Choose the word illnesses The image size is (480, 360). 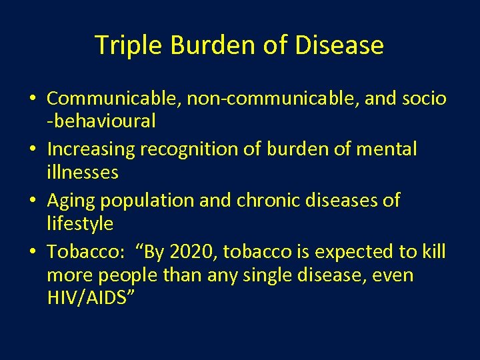tap(83, 173)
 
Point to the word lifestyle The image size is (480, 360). tap(80, 224)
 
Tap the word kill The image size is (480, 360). tap(433, 252)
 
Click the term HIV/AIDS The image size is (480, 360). tap(91, 298)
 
